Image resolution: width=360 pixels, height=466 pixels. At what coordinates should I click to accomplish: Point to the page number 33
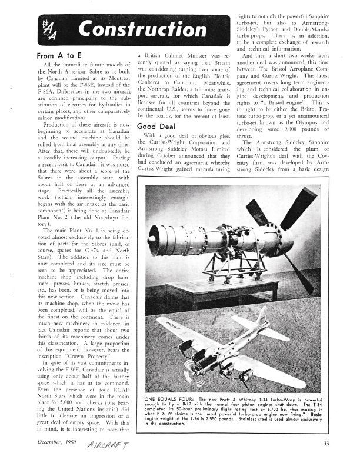(x=326, y=443)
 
